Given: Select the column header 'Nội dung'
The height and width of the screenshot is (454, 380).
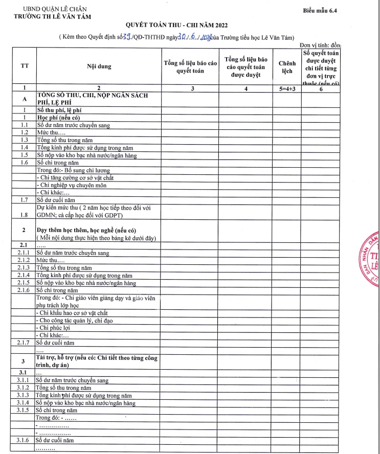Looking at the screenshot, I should click(x=99, y=66).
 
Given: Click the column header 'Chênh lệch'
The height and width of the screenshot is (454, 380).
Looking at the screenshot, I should click(x=287, y=66).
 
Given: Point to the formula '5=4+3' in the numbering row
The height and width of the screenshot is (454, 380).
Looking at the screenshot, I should click(x=287, y=88).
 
